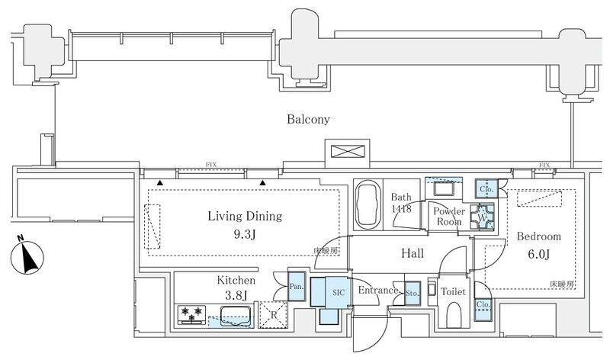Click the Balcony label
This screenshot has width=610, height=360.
[x=308, y=120]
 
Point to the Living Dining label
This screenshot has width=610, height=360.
[x=245, y=217]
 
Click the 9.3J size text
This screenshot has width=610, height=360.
[x=246, y=233]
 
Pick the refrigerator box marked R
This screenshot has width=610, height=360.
[x=272, y=313]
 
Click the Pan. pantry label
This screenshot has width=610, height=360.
[x=297, y=287]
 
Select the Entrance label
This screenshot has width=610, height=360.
[x=378, y=291]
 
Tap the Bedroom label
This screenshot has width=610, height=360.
[x=540, y=236]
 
